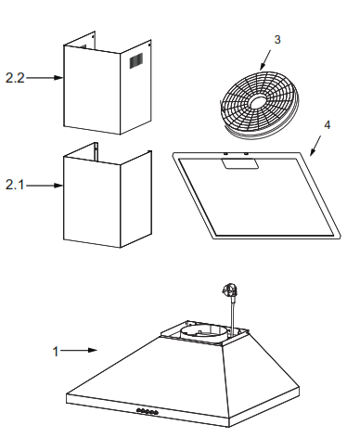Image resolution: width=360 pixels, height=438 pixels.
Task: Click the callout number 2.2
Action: tap(16, 78)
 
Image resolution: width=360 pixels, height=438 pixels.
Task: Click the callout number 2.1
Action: tap(16, 186)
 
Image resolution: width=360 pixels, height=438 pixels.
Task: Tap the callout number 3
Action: tap(276, 41)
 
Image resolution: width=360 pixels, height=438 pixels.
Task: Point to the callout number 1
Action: tap(57, 352)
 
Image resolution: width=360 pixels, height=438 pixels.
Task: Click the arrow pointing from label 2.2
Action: tap(43, 78)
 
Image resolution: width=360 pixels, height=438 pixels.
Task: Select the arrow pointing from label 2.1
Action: tap(43, 186)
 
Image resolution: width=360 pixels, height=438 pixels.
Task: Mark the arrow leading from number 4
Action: tap(315, 141)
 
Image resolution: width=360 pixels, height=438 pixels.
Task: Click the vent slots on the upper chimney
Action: tap(135, 62)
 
